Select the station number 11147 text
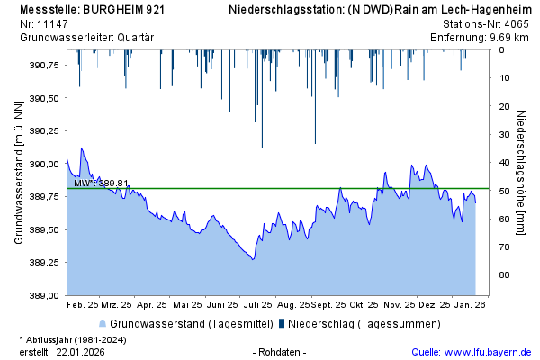tap(51, 23)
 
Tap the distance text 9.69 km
tap(510, 37)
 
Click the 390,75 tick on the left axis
tap(44, 66)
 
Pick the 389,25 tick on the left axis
tap(44, 262)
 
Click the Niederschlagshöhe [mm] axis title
tap(521, 173)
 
